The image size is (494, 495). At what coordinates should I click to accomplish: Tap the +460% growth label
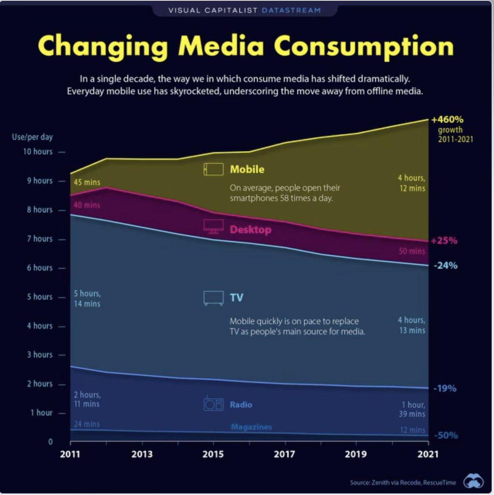(447, 120)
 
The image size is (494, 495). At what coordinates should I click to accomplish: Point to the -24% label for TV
(445, 266)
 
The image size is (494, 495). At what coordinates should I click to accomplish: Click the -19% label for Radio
(445, 389)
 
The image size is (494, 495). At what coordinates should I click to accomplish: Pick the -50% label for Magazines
(446, 436)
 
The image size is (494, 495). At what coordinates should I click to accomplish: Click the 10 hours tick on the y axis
(38, 152)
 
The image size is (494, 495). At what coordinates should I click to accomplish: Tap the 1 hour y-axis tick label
(41, 413)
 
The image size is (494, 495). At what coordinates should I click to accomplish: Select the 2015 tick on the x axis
(213, 454)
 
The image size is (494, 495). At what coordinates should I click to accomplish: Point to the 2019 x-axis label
(355, 454)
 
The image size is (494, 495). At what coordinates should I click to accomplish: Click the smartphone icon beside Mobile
(214, 169)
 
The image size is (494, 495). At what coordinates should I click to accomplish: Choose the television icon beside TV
(214, 298)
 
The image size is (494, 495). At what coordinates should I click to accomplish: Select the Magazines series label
(252, 427)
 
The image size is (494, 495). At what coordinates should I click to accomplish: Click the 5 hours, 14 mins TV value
(87, 299)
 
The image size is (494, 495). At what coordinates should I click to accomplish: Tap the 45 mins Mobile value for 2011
(87, 182)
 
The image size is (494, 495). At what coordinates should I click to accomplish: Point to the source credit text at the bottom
(403, 482)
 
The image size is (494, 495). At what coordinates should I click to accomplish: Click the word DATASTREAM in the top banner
(291, 10)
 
